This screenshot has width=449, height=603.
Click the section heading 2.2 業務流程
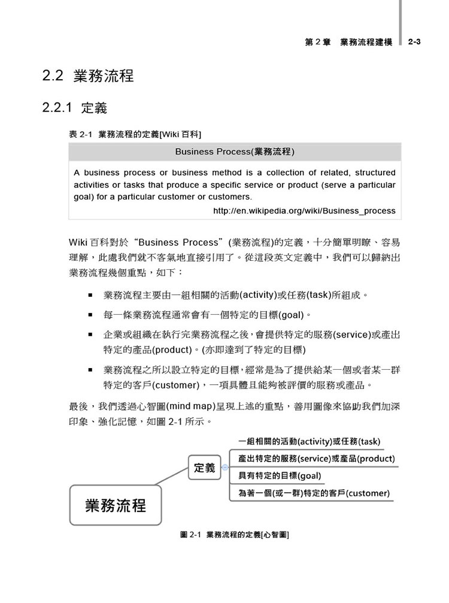(x=87, y=76)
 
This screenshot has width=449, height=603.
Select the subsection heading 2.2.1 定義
(x=74, y=108)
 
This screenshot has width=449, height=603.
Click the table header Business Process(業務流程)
(x=235, y=152)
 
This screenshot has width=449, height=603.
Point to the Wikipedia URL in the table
(x=304, y=210)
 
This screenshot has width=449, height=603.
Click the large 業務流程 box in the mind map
(x=116, y=505)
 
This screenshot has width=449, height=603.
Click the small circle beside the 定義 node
(x=224, y=468)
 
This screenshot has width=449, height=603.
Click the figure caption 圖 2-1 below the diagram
(x=235, y=533)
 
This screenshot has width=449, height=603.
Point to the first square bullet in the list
(x=90, y=295)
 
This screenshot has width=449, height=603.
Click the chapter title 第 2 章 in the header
(x=317, y=42)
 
